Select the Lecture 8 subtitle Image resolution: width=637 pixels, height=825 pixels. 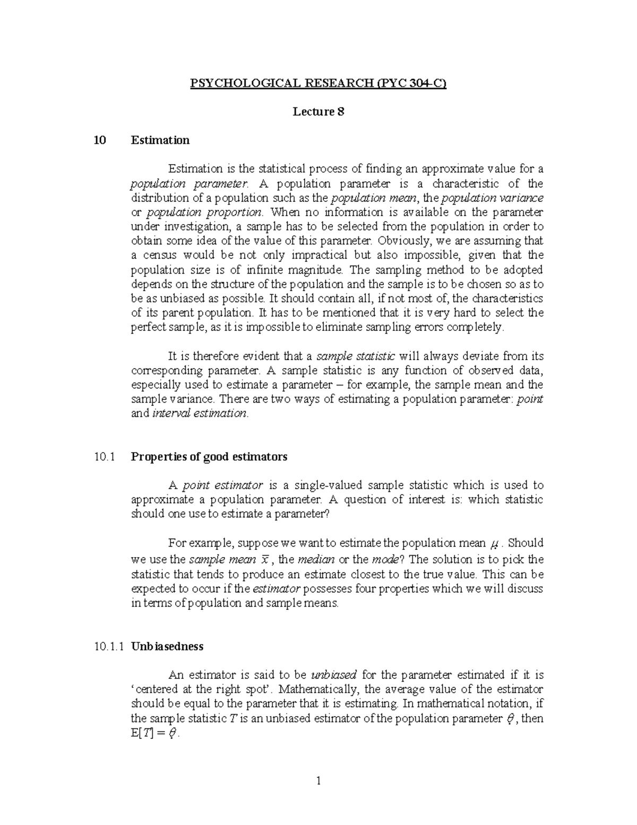pyautogui.click(x=318, y=112)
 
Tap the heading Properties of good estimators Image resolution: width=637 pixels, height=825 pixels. pyautogui.click(x=209, y=456)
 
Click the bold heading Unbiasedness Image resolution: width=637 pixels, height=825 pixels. pyautogui.click(x=167, y=647)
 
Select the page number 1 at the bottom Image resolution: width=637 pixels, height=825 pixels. pyautogui.click(x=318, y=780)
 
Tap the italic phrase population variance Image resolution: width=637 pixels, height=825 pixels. pyautogui.click(x=492, y=198)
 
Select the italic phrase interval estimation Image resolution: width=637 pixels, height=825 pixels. pyautogui.click(x=200, y=413)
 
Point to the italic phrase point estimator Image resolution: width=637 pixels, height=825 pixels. pyautogui.click(x=222, y=485)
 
